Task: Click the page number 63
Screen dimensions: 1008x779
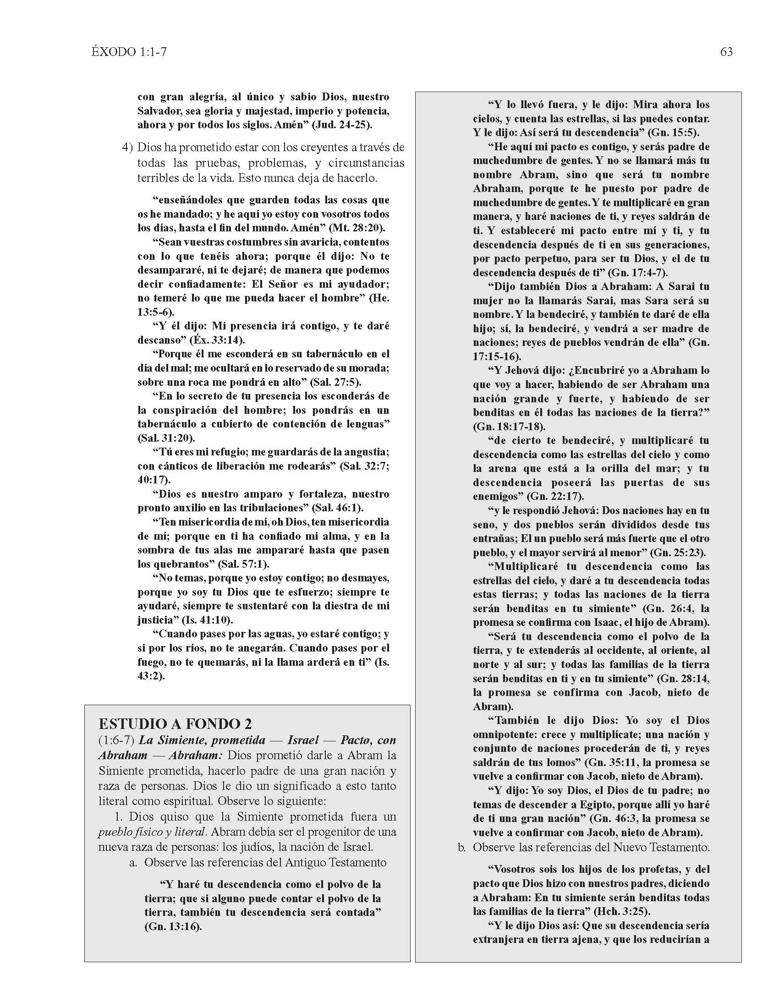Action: (726, 52)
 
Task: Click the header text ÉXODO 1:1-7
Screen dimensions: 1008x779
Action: (129, 52)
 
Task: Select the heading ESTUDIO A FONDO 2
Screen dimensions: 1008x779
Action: (176, 723)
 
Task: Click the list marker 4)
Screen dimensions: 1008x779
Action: (127, 148)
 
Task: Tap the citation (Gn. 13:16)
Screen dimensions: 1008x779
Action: (173, 926)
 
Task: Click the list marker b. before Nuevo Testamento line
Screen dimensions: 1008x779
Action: (462, 847)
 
